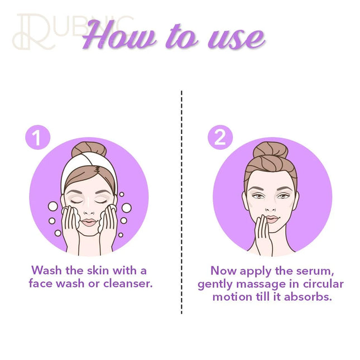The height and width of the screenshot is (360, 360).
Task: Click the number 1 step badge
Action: (x=37, y=137)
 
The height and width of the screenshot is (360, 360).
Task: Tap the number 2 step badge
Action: (x=220, y=137)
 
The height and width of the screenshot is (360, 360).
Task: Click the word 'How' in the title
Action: (x=119, y=35)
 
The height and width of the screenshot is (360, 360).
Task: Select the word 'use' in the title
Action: (x=237, y=39)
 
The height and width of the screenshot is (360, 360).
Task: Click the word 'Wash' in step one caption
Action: (x=47, y=270)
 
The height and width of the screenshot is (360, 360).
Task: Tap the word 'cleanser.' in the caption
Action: (x=128, y=284)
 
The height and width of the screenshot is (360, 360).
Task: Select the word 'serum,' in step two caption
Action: (x=315, y=271)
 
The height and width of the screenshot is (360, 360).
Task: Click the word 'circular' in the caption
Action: (x=323, y=284)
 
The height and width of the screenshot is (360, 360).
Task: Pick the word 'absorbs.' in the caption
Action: (x=308, y=297)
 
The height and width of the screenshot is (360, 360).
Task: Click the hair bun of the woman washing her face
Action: (x=89, y=150)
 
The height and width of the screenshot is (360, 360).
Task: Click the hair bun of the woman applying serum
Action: (x=271, y=150)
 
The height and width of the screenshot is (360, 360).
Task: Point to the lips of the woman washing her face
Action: (x=89, y=222)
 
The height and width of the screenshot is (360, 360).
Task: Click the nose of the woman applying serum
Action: (x=271, y=209)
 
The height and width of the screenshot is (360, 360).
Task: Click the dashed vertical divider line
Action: (x=181, y=202)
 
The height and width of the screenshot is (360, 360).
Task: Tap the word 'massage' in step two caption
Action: (x=267, y=285)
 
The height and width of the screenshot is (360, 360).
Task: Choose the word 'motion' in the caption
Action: (x=232, y=297)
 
